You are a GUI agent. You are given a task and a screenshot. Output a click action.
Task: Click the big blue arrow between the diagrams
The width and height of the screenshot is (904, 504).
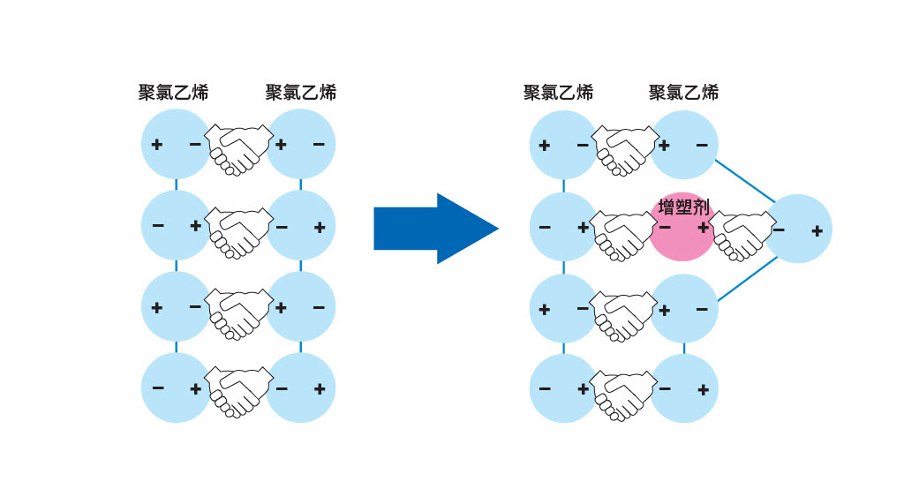[436, 229]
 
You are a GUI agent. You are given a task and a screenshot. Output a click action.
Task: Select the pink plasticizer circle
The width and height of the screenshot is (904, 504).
[683, 227]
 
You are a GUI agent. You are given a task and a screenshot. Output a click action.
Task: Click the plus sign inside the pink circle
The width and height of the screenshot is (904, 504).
[703, 229]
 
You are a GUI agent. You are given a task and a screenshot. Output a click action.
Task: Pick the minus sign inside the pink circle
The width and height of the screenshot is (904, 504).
[665, 228]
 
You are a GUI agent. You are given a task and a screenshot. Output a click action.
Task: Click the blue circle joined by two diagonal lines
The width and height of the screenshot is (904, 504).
[798, 229]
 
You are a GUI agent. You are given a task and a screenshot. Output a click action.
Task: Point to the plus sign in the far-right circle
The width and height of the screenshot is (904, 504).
[817, 231]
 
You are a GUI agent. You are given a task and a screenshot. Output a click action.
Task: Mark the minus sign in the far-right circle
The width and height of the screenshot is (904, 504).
[779, 230]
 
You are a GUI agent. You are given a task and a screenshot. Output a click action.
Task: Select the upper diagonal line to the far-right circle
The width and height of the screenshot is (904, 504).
[745, 181]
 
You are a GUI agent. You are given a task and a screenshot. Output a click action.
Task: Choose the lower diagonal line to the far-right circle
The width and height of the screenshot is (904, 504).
[747, 279]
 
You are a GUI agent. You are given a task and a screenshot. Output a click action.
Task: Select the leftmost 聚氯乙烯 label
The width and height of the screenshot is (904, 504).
[173, 93]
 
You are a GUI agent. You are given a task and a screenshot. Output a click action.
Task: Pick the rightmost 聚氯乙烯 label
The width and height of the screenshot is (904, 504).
[684, 93]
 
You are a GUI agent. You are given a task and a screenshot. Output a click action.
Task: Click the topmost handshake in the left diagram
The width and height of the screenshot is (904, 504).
[239, 149]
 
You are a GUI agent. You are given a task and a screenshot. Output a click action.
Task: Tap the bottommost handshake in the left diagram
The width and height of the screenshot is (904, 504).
[239, 392]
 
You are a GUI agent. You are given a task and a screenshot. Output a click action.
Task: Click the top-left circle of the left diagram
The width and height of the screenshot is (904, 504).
[176, 144]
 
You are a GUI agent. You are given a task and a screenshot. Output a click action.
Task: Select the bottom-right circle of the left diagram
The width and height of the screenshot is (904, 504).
[301, 387]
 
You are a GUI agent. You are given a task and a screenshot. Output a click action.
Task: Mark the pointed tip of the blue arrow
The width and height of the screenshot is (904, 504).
[499, 229]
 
